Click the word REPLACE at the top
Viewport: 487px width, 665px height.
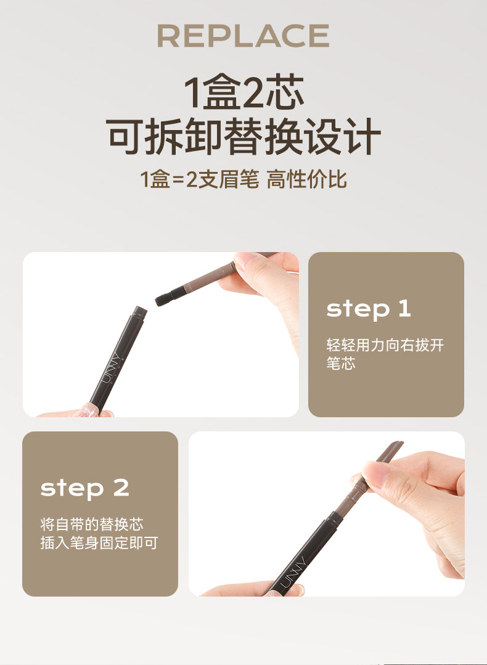tap(243, 36)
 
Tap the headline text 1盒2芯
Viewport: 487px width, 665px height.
tap(244, 92)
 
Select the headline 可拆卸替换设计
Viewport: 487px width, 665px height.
tap(243, 136)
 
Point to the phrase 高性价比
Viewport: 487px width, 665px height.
tap(306, 179)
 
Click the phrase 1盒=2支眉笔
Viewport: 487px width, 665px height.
tap(199, 179)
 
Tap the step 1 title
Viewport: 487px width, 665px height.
tap(368, 309)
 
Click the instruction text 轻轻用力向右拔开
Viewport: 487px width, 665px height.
tap(385, 345)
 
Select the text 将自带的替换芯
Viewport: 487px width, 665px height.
tap(92, 524)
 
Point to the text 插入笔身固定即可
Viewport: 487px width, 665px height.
tap(99, 542)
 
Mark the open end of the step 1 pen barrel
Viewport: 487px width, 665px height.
tap(140, 311)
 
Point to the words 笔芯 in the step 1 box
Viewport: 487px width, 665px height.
tap(341, 363)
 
